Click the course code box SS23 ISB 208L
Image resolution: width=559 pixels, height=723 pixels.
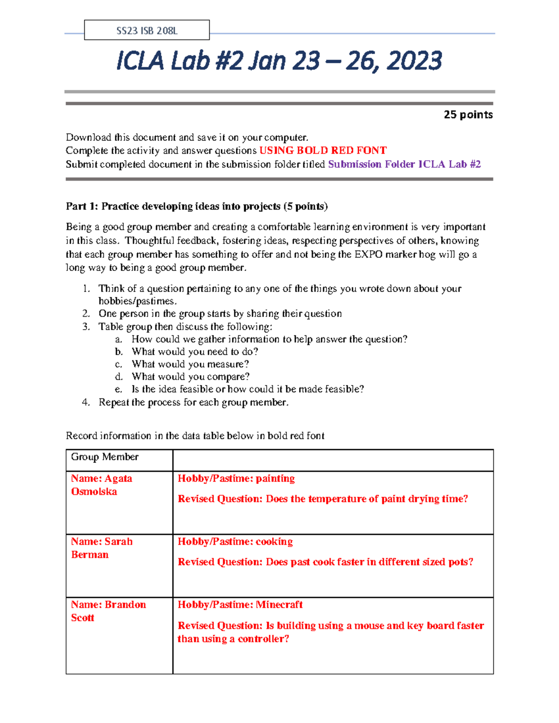(x=147, y=31)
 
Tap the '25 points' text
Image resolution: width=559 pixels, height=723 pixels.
(x=468, y=115)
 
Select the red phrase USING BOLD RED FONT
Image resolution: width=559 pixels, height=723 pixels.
(x=323, y=150)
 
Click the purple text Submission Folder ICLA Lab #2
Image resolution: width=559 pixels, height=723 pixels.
(x=404, y=164)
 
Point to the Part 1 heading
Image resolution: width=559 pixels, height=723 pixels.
(x=197, y=206)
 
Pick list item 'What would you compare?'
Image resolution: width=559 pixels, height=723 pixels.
(x=191, y=377)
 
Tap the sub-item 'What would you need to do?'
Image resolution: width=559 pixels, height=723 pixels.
(x=195, y=351)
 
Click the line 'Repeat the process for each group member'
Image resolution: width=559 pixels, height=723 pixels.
(x=193, y=402)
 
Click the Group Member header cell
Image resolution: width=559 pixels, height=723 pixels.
(x=105, y=457)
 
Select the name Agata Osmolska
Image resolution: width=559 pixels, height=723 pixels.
(x=102, y=485)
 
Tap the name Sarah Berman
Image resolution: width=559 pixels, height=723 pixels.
(x=102, y=548)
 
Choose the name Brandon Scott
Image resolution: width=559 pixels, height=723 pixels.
(x=108, y=611)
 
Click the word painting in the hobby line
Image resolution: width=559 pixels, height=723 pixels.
(x=275, y=479)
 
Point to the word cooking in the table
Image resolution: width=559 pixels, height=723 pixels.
(x=274, y=541)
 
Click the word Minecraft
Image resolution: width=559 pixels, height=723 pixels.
(x=279, y=604)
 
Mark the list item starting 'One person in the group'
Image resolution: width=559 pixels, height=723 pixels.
(x=220, y=313)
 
